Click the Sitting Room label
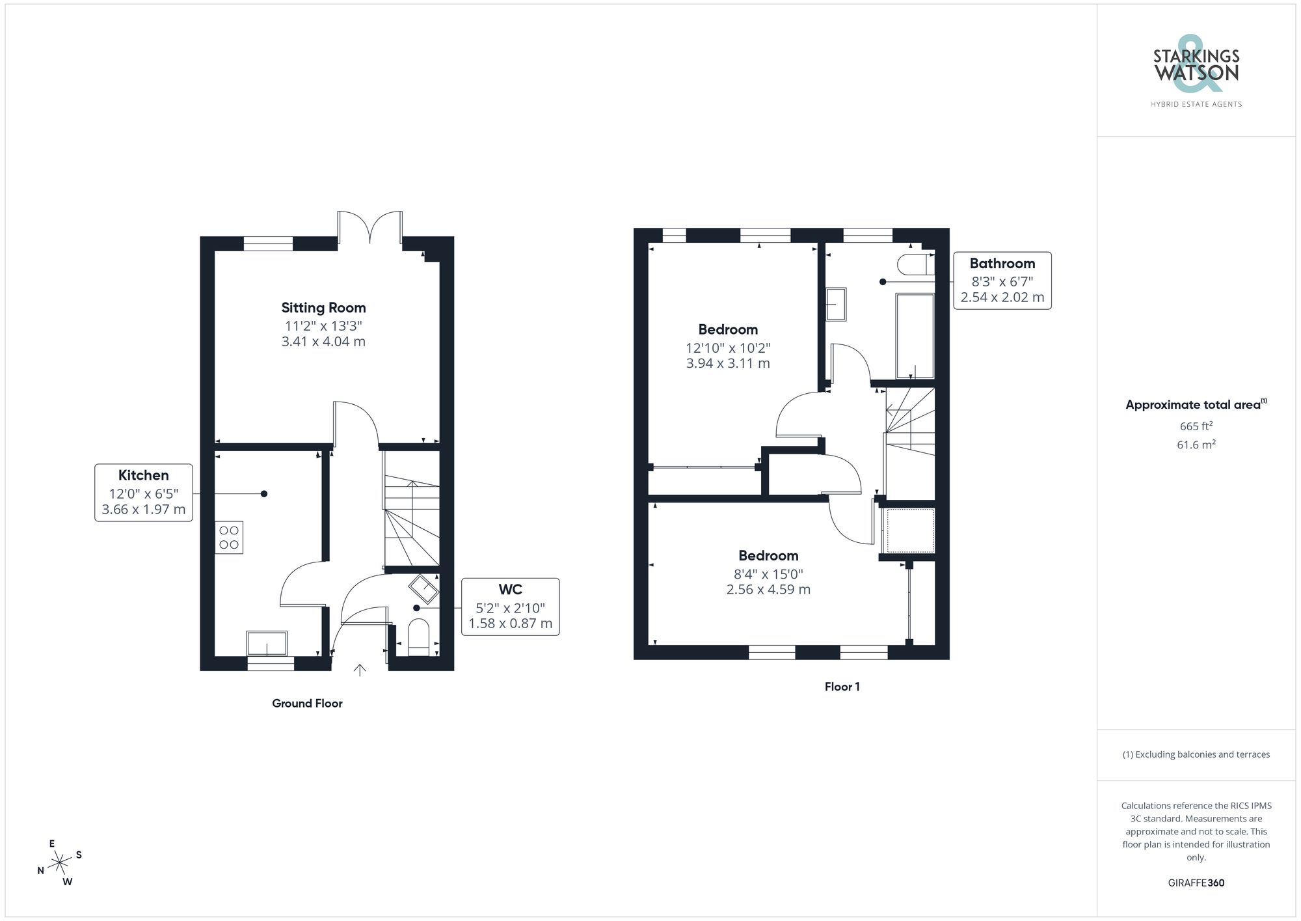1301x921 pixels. (x=323, y=308)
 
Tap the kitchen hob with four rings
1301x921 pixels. (x=229, y=538)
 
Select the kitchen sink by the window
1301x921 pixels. (x=267, y=643)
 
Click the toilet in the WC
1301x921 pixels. (x=418, y=637)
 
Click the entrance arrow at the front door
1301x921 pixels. (x=360, y=670)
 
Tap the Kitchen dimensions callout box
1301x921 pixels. (x=144, y=493)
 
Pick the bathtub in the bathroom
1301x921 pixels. (x=915, y=336)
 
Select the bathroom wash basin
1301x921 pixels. (x=837, y=305)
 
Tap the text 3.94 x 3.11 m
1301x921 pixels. (x=728, y=364)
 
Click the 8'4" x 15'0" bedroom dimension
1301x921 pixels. (x=768, y=574)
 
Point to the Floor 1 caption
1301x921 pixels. (x=842, y=687)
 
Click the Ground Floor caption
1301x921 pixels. (x=307, y=703)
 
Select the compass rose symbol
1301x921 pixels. (x=60, y=863)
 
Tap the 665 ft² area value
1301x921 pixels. (x=1196, y=426)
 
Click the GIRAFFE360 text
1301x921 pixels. (x=1196, y=883)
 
